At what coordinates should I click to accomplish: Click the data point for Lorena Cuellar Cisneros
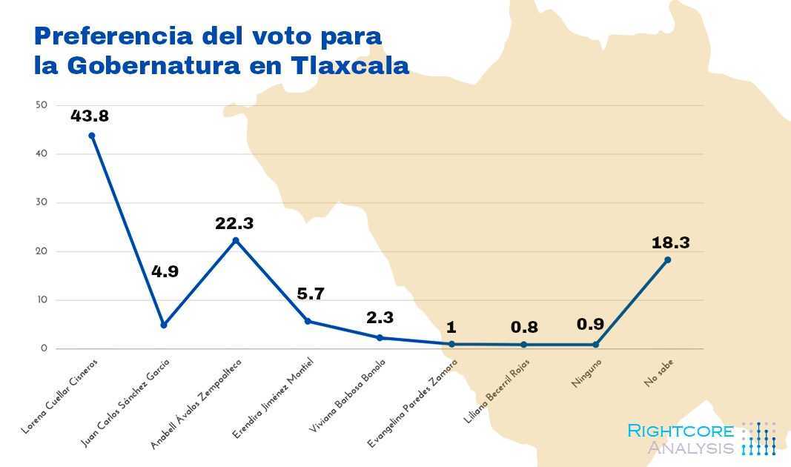click(92, 136)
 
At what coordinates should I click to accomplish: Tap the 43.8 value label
click(90, 116)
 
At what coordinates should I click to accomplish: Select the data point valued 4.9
click(164, 325)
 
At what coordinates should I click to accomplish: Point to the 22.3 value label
click(235, 222)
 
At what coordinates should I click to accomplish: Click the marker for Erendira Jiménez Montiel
click(308, 321)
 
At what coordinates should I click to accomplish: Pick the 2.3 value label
click(380, 317)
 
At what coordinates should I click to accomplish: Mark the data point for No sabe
click(667, 259)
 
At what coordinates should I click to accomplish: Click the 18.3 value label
click(671, 242)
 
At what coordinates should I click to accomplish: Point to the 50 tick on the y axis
click(42, 105)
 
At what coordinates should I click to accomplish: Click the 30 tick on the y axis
click(42, 202)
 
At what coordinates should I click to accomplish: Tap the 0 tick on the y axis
click(44, 348)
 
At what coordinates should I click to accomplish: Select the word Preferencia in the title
click(109, 35)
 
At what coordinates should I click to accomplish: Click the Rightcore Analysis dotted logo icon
click(758, 438)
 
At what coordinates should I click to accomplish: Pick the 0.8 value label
click(524, 327)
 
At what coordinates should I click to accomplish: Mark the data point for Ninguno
click(595, 345)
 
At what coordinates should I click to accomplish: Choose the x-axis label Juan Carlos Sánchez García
click(126, 405)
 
